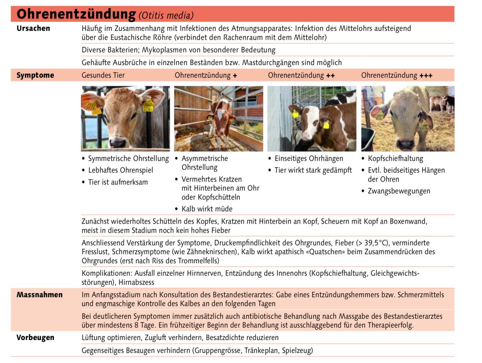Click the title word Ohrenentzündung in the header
[76, 14]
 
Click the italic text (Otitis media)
[166, 15]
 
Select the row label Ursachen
[33, 29]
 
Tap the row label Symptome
[35, 75]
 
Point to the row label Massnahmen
[39, 295]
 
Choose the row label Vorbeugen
[35, 338]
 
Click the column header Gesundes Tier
[103, 75]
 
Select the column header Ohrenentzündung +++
[397, 75]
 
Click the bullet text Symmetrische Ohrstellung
[129, 159]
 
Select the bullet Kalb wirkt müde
[207, 209]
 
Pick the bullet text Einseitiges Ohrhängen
[309, 159]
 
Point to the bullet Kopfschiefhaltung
[395, 159]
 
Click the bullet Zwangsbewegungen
[399, 191]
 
